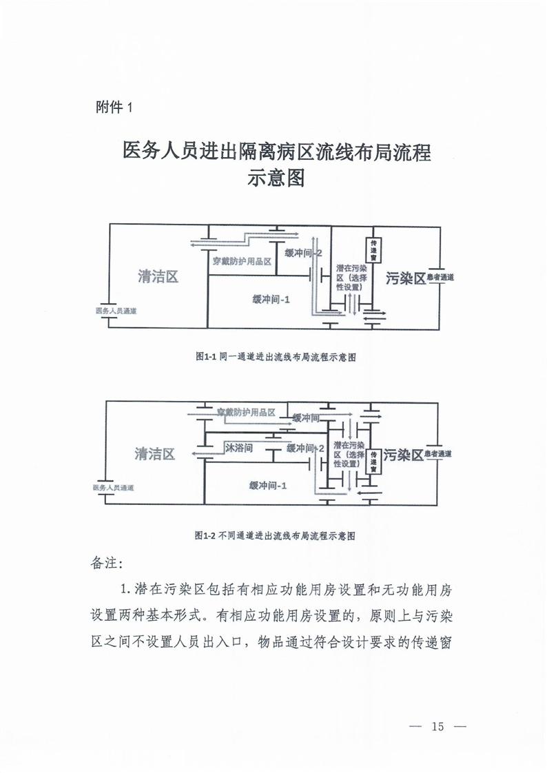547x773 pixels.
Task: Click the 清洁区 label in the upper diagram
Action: [x=158, y=277]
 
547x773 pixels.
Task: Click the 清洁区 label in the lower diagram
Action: [x=155, y=454]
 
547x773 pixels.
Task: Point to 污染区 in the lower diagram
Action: [x=402, y=455]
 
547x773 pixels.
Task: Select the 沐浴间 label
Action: [x=240, y=448]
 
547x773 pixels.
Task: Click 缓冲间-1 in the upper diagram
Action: [x=271, y=300]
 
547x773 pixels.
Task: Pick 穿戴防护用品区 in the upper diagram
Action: [x=242, y=262]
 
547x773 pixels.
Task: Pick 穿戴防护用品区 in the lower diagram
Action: [x=246, y=412]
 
